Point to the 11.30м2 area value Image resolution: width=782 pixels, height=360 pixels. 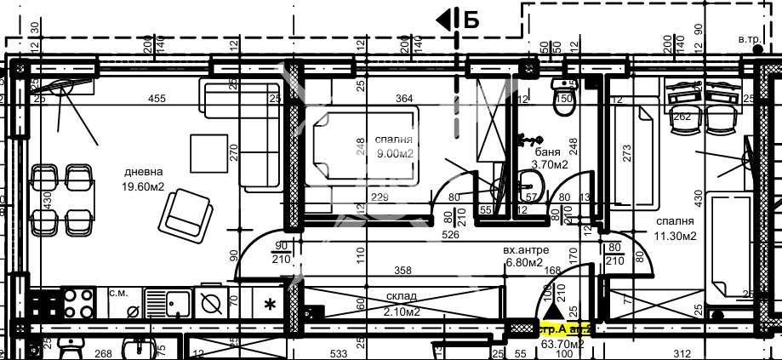(x=676, y=236)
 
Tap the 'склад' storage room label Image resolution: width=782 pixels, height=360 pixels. (x=400, y=297)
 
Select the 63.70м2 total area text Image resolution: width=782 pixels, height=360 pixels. (x=562, y=345)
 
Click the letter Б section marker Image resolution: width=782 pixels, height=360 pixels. (x=471, y=20)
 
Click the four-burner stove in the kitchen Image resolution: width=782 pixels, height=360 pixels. (x=78, y=301)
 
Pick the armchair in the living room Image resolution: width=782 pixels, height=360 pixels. (x=187, y=211)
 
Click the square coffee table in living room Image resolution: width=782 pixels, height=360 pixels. (x=208, y=151)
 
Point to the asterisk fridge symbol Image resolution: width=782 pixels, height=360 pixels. (x=271, y=304)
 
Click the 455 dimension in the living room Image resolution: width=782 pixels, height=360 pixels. (x=157, y=99)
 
